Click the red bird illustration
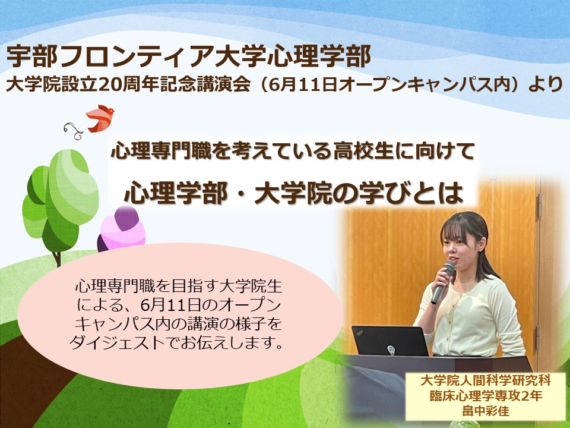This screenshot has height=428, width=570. (x=100, y=118)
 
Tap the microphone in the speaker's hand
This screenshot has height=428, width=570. (x=442, y=282)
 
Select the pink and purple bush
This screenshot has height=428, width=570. (x=121, y=229)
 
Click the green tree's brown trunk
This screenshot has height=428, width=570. (x=57, y=259)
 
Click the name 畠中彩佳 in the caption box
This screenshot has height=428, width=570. (x=486, y=411)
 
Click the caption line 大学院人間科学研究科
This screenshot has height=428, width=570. (x=486, y=380)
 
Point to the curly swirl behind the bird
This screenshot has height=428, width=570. (x=74, y=130)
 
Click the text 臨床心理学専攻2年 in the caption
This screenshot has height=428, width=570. (x=486, y=396)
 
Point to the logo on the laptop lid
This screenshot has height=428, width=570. (x=391, y=350)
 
